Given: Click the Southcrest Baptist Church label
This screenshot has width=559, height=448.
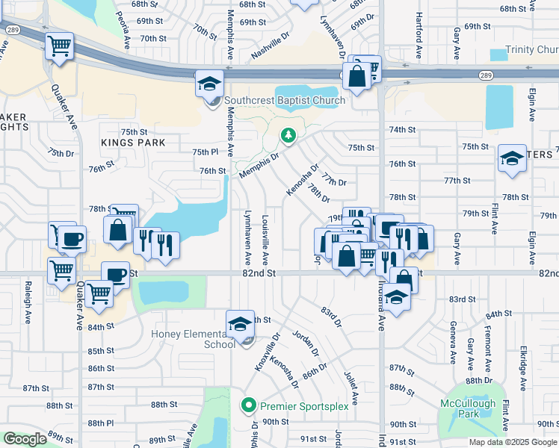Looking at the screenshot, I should (x=284, y=100).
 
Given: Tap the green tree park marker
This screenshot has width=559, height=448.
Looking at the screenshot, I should (x=288, y=135).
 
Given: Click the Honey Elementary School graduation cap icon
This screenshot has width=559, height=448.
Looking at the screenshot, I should (x=240, y=324).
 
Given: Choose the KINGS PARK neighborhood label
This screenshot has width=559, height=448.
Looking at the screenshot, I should (x=132, y=142).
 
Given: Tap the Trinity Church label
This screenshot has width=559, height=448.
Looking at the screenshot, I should (x=531, y=49).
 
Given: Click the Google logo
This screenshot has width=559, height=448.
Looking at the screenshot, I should (x=25, y=439).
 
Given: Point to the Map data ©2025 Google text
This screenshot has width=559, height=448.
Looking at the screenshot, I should (x=513, y=442).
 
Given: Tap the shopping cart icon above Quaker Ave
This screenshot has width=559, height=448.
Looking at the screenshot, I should (x=59, y=46).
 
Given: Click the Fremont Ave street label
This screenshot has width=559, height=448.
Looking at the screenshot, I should (x=487, y=343).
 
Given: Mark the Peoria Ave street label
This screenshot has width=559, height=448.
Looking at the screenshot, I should (x=118, y=26).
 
